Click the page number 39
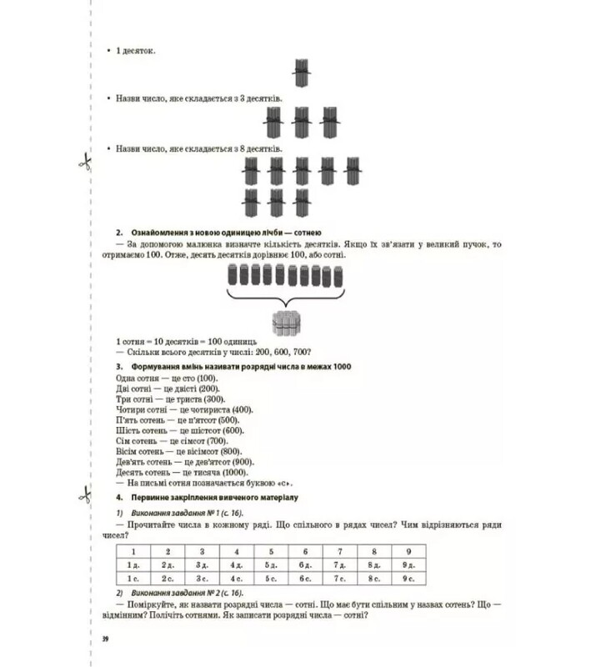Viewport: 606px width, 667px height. pyautogui.click(x=105, y=639)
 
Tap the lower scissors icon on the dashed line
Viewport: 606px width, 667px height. pyautogui.click(x=84, y=494)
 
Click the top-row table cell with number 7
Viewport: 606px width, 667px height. pyautogui.click(x=339, y=551)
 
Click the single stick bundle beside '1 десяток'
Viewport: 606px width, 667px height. pyautogui.click(x=302, y=73)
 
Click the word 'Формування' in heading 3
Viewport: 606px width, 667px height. pyautogui.click(x=155, y=365)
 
